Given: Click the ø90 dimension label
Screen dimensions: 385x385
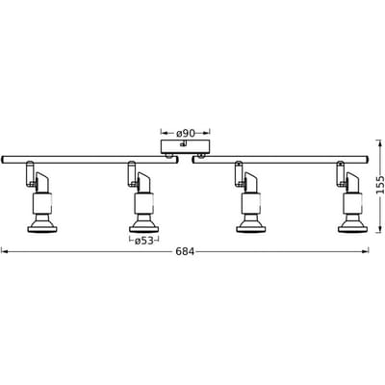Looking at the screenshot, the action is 186,133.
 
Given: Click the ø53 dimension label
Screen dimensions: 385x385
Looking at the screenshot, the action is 143,241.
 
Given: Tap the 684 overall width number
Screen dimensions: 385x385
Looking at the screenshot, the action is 185,252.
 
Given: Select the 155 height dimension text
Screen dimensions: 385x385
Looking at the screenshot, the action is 380,185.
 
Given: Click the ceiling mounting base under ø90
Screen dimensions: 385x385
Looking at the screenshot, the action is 186,147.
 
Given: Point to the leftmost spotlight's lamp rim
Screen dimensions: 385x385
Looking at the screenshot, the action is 41,229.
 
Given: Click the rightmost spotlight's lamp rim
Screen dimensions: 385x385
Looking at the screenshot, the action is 353,229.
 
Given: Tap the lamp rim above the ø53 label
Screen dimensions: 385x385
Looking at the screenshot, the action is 144,229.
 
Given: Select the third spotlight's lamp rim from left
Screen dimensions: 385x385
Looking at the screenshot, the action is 250,229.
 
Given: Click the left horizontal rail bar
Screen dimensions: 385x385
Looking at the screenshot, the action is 90,160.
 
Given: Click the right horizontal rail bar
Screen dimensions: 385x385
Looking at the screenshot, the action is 280,160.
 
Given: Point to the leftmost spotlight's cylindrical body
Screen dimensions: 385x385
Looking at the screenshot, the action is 42,203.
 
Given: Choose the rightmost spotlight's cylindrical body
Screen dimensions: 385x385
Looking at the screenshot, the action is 353,203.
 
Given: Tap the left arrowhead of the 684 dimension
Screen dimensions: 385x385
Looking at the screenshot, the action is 4,252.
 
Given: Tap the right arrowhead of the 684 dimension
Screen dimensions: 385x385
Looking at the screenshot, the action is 366,252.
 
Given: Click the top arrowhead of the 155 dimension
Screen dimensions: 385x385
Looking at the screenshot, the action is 379,142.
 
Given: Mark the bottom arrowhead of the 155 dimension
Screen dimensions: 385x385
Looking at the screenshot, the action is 379,230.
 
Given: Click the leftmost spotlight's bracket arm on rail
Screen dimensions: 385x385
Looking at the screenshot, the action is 30,173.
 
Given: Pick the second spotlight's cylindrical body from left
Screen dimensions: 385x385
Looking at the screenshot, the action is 144,203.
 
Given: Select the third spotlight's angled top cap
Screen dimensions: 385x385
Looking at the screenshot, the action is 250,183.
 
